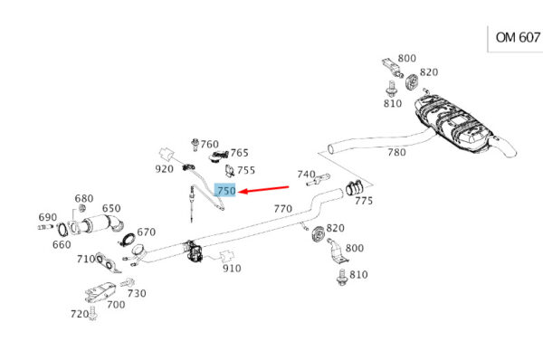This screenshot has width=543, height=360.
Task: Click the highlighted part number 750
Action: coord(225,190)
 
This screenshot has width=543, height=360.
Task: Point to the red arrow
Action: coord(264,189)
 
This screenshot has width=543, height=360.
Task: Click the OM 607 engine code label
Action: coord(518,37)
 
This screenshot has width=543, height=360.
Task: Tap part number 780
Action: coord(396,152)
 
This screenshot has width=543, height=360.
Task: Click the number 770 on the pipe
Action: coord(283,209)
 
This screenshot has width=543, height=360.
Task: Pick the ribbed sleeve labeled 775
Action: coord(354,189)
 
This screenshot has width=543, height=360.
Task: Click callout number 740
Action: coord(306,174)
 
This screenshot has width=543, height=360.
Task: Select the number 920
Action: coord(164,169)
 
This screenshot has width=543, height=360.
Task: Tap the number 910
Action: coord(232,269)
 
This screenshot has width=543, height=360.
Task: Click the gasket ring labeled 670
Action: coord(129,240)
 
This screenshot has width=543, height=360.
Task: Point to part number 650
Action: coord(111,208)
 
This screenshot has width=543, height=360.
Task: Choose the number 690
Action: coord(47,217)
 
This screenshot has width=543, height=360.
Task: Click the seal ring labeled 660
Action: coord(62,230)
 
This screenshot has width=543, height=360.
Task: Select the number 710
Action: coord(86,259)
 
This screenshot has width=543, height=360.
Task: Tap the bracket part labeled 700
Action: coord(100,291)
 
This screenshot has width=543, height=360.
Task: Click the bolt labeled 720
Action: coord(93,313)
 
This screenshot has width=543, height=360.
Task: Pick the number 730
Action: coord(137,293)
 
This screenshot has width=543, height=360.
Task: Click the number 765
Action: coord(239,153)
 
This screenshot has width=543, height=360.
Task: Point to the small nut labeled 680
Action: coord(82,208)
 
